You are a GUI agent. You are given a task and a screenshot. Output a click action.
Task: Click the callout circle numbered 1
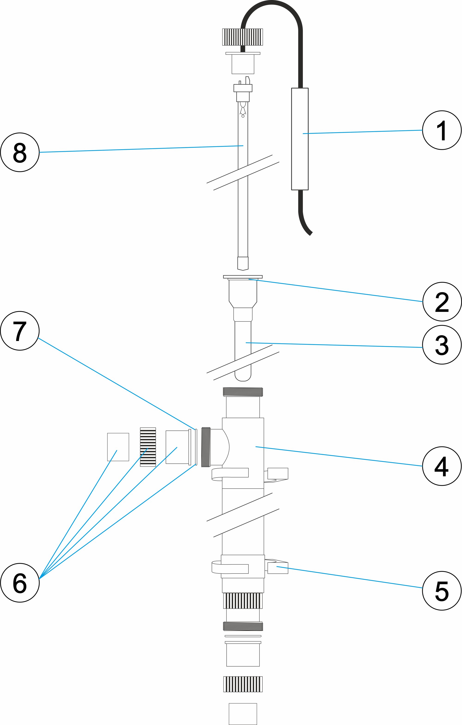coord(441,130)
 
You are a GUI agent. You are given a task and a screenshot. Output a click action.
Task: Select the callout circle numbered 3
coord(441,345)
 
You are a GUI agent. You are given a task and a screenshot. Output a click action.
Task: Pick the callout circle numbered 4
coord(441,466)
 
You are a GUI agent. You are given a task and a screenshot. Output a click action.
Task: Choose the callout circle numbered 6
coord(20,583)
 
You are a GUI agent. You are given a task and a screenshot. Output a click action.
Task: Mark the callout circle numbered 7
coord(20,331)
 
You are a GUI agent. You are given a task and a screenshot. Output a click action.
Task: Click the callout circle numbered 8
coord(20,152)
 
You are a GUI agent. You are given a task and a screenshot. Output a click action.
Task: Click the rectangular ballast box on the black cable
coord(300,139)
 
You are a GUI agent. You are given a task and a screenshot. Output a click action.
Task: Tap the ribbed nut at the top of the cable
coord(243,37)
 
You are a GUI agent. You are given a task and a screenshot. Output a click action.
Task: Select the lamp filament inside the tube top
coord(243,110)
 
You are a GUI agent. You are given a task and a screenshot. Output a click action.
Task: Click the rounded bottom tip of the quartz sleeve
coord(243,377)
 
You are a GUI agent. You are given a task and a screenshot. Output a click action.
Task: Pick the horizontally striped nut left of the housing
coord(148,447)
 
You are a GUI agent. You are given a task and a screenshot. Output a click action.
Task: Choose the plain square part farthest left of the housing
coord(118,447)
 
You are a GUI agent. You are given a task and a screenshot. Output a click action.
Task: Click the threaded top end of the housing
coord(243,392)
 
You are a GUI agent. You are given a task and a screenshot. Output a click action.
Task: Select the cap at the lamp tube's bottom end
coord(243,263)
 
